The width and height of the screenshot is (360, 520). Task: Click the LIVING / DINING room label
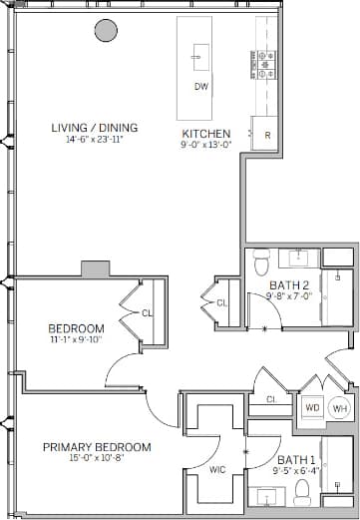[96, 128]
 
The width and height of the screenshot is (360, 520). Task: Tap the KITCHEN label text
[206, 134]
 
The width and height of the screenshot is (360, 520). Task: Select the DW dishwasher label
[200, 86]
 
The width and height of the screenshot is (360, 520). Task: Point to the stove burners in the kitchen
[265, 65]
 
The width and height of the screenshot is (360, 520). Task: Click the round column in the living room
[105, 30]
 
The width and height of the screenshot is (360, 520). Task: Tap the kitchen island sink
[200, 55]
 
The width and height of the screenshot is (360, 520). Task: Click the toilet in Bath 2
[262, 262]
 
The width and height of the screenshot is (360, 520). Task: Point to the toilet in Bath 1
[302, 491]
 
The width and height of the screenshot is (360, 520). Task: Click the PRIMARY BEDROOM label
[97, 447]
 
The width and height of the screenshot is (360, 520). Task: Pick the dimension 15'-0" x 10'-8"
[97, 459]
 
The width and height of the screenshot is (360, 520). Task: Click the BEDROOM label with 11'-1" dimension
[77, 329]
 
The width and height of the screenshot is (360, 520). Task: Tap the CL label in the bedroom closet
[148, 313]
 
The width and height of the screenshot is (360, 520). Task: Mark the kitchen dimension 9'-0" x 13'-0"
[206, 146]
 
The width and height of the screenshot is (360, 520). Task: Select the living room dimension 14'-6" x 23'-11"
[96, 141]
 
